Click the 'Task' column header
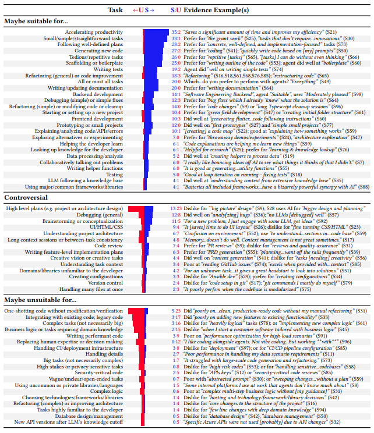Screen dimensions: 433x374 click(115, 10)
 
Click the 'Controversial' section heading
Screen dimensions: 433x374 click(26, 182)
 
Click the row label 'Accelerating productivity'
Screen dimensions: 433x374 click(94, 32)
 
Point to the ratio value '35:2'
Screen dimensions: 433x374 click(176, 32)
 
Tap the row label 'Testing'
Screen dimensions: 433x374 click(114, 174)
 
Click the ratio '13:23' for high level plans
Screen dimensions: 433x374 click(175, 192)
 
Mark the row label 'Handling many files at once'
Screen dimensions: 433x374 click(91, 289)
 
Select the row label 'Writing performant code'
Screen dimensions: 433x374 click(93, 335)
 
